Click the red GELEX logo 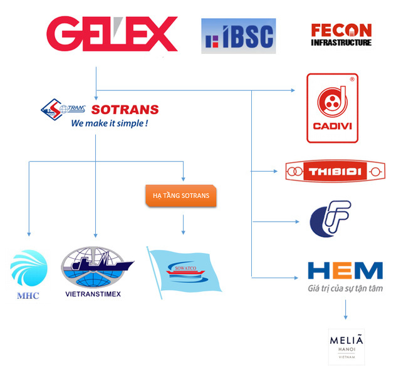[112, 34]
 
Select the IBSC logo [238, 36]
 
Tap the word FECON [341, 29]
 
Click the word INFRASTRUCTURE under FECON [341, 43]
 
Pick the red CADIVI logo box [332, 108]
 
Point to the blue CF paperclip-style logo [330, 220]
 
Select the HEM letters [345, 270]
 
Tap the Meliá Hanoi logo [346, 346]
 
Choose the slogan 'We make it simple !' [110, 123]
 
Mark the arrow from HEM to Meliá [345, 310]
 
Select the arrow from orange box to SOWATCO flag [183, 225]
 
